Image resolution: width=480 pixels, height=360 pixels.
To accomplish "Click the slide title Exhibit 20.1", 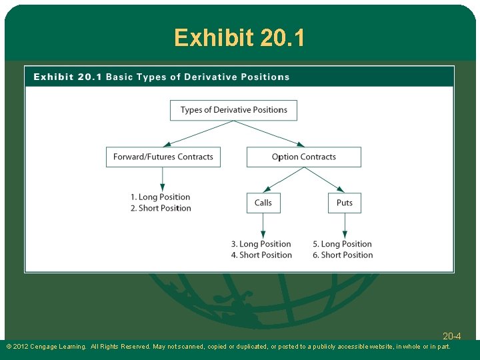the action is pyautogui.click(x=240, y=37).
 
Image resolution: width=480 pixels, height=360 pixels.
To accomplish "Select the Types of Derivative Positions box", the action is pyautogui.click(x=233, y=110).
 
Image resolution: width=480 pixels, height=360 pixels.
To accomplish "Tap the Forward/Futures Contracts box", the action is pyautogui.click(x=163, y=157).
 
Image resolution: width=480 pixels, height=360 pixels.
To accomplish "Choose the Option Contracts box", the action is pyautogui.click(x=303, y=157).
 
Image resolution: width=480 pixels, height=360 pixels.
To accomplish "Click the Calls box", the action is pyautogui.click(x=263, y=203).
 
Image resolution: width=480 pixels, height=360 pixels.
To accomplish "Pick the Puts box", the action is pyautogui.click(x=344, y=203).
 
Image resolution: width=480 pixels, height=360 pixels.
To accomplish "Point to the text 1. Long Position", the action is pyautogui.click(x=160, y=197).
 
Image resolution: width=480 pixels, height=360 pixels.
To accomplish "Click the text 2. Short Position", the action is pyautogui.click(x=160, y=208).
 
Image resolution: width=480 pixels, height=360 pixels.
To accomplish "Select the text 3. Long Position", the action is pyautogui.click(x=261, y=244).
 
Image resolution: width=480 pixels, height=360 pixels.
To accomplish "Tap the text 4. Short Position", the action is pyautogui.click(x=261, y=255).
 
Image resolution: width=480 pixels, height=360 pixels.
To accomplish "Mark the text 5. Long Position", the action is pyautogui.click(x=342, y=244).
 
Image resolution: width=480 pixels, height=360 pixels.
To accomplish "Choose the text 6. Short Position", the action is pyautogui.click(x=343, y=255).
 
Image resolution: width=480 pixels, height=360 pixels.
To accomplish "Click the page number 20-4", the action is pyautogui.click(x=451, y=336).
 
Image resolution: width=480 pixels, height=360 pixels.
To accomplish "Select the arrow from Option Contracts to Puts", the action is pyautogui.click(x=325, y=179).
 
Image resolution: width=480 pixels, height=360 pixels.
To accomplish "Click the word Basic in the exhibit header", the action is pyautogui.click(x=119, y=77).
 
